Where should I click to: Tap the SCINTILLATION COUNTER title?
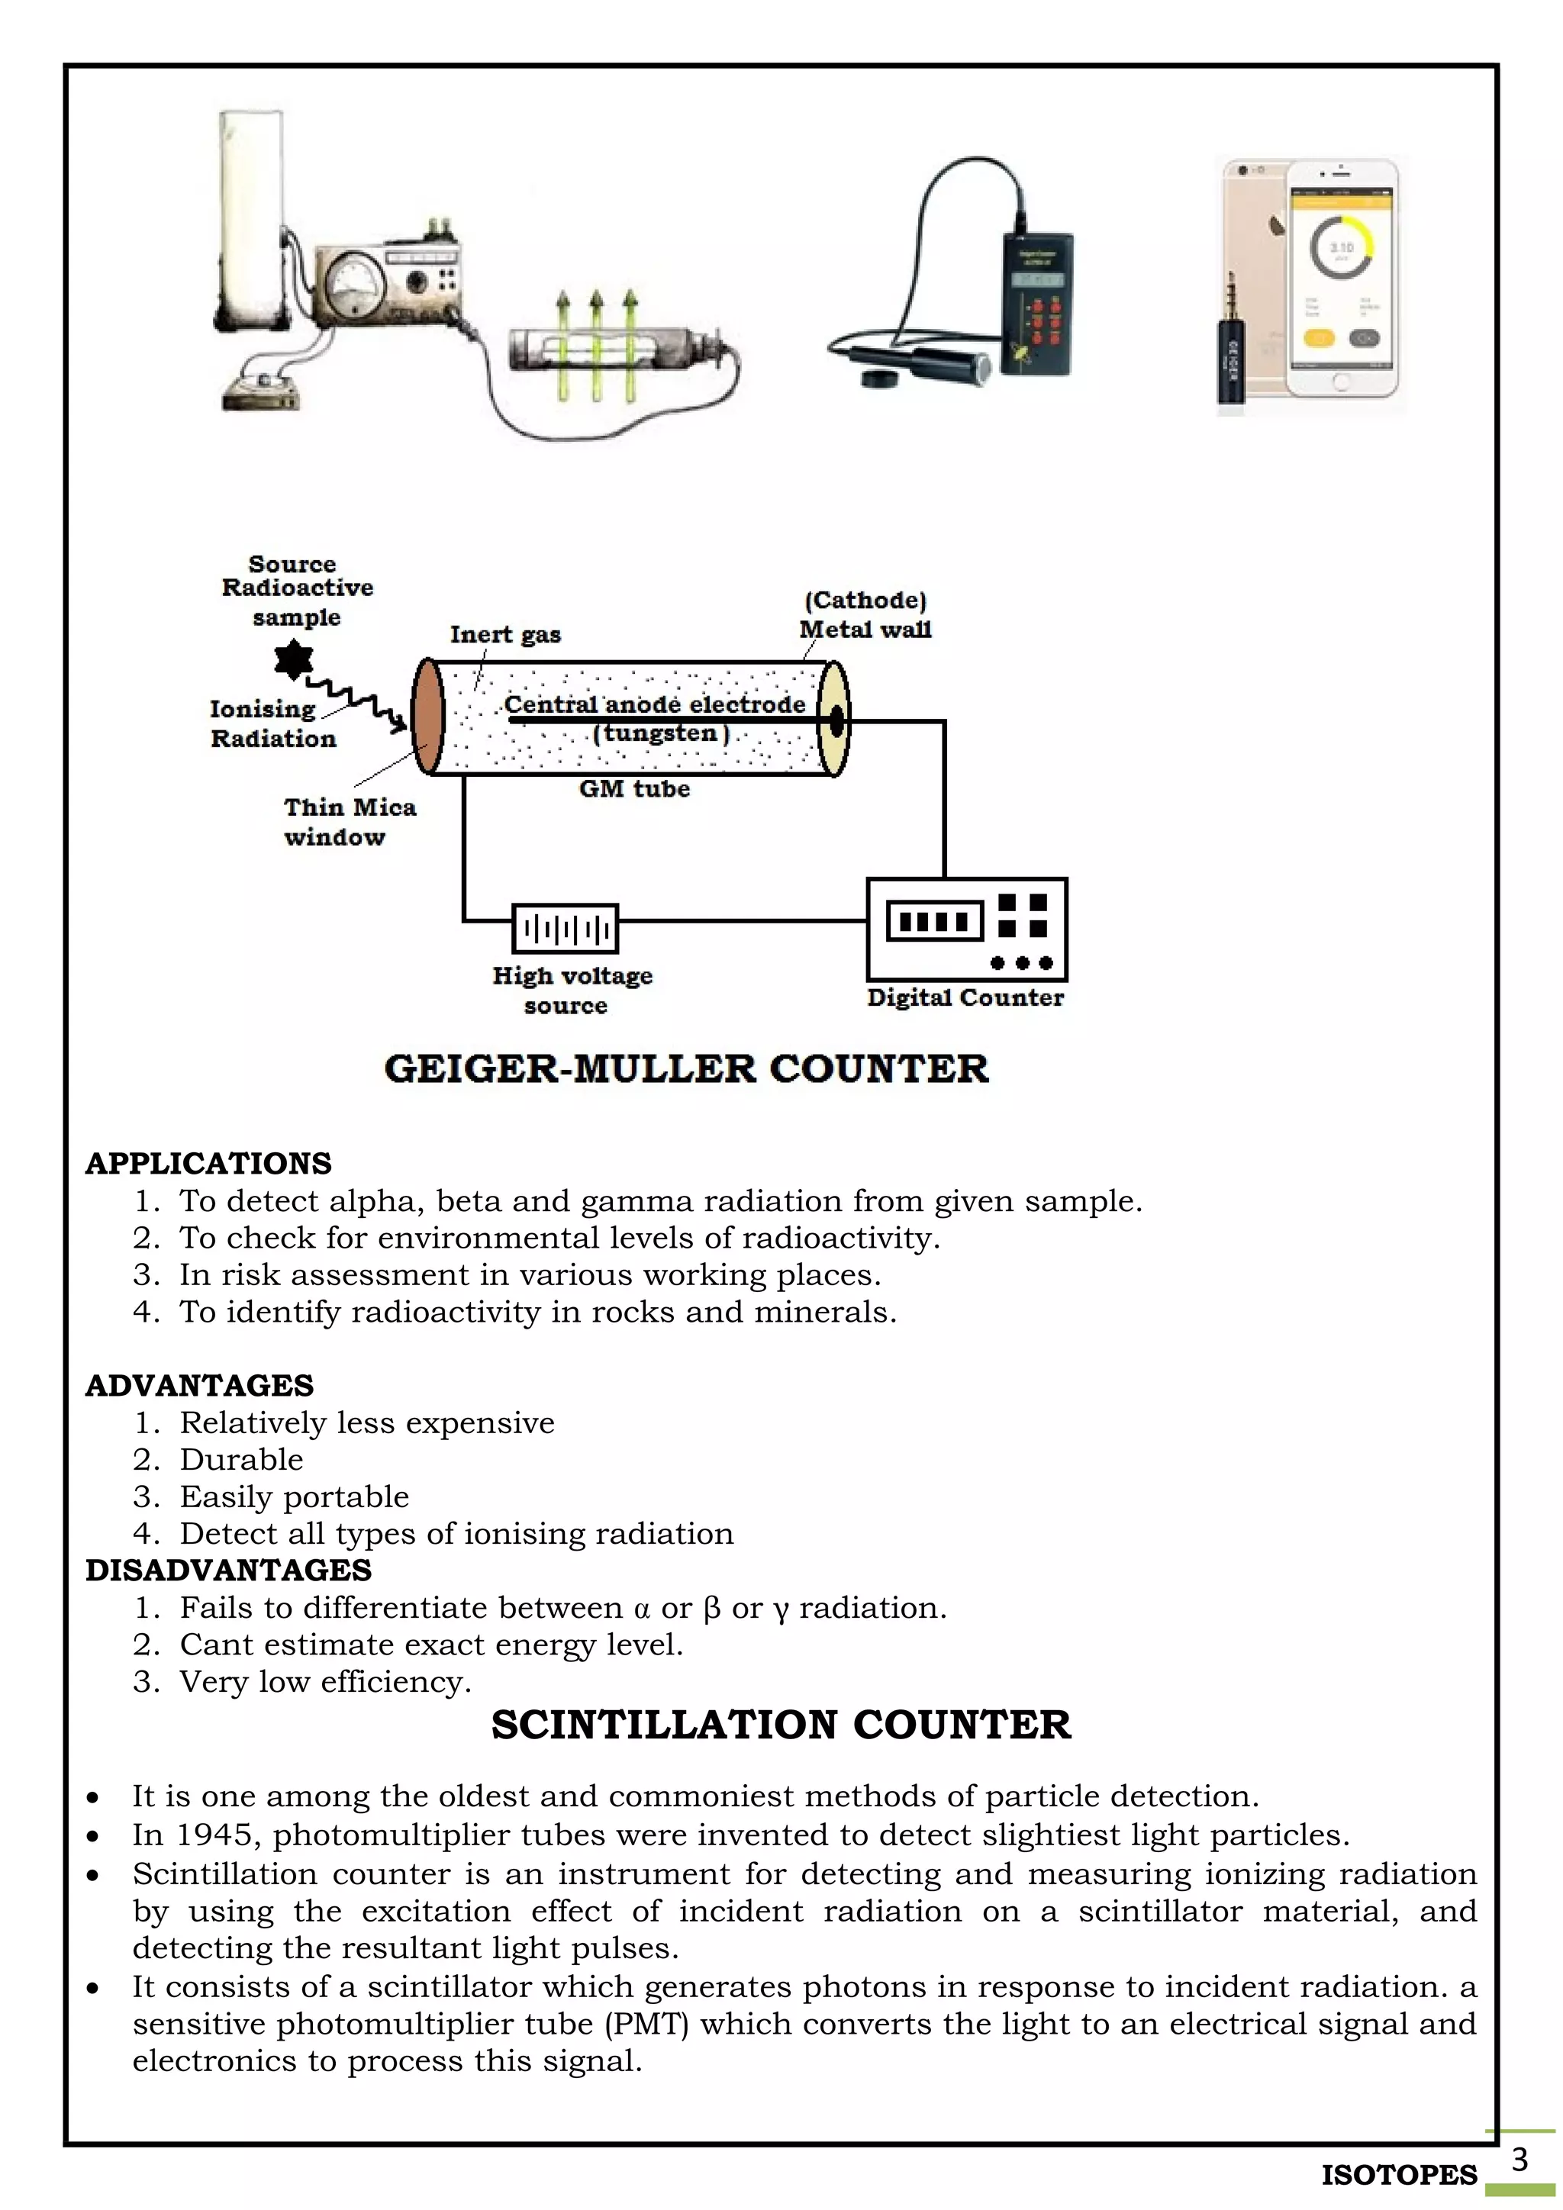781,1724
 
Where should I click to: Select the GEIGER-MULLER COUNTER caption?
686,1068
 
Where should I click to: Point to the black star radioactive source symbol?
294,660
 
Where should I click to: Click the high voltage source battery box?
565,929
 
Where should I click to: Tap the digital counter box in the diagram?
966,929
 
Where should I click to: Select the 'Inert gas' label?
505,634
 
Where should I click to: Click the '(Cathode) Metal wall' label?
865,615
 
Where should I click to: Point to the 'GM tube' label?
634,789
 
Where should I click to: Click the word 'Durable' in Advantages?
242,1459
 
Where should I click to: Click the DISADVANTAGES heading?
228,1570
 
